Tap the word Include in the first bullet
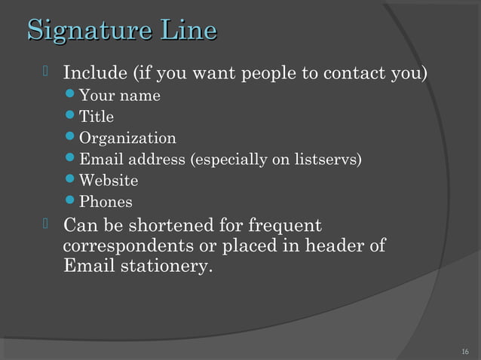tap(95, 75)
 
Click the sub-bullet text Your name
tap(119, 96)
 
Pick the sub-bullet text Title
tap(97, 117)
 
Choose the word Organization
tap(127, 139)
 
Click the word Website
tap(109, 181)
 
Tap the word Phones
tap(106, 202)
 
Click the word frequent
tap(285, 226)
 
